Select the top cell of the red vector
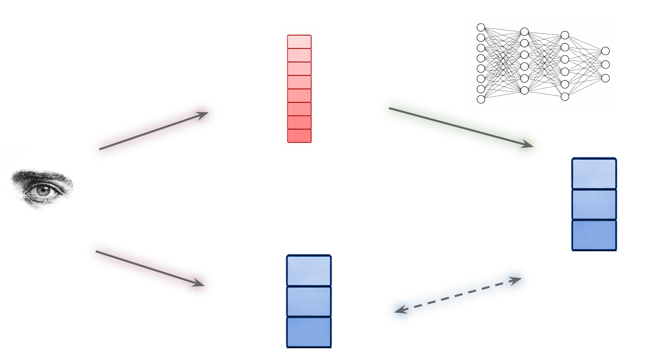pyautogui.click(x=299, y=42)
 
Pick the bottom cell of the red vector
pyautogui.click(x=299, y=136)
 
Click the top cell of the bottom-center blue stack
pyautogui.click(x=309, y=270)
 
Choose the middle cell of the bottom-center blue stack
pyautogui.click(x=309, y=301)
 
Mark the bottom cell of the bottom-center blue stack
pyautogui.click(x=309, y=332)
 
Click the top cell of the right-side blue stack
pyautogui.click(x=594, y=174)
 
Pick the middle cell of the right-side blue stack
pyautogui.click(x=594, y=204)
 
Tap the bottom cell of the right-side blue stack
pyautogui.click(x=594, y=235)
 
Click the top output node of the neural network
pyautogui.click(x=605, y=51)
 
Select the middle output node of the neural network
pyautogui.click(x=605, y=64)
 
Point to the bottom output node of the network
pyautogui.click(x=605, y=78)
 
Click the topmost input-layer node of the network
pyautogui.click(x=481, y=27)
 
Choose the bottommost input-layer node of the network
pyautogui.click(x=481, y=99)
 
